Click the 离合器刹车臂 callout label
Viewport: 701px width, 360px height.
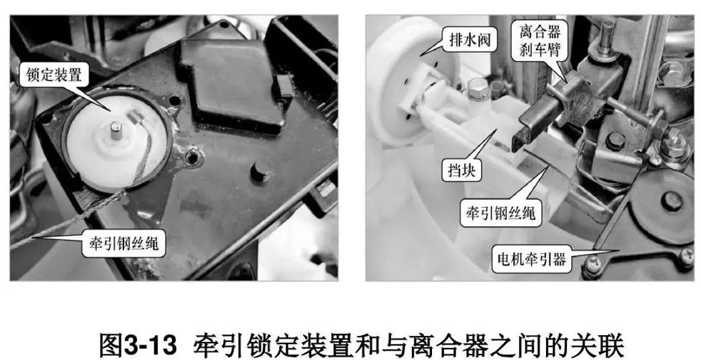[541, 40]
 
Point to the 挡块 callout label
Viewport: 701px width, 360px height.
[462, 171]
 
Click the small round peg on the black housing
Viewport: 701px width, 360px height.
[257, 170]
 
